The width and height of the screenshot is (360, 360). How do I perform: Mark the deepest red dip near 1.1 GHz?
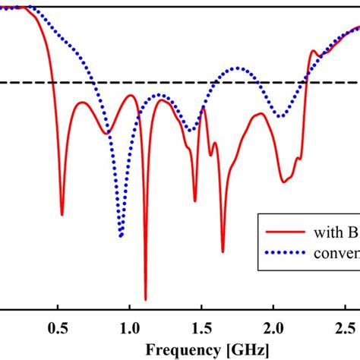click(145, 299)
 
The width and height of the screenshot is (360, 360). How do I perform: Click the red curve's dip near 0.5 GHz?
click(62, 215)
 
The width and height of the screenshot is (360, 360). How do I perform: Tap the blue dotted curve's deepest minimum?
click(121, 236)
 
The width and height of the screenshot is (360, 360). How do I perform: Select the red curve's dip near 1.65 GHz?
click(223, 251)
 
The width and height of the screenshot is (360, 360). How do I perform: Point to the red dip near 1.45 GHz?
click(194, 201)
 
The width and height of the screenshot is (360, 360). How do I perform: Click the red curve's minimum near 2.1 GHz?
click(283, 182)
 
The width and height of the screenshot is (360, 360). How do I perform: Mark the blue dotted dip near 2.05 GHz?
click(281, 116)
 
